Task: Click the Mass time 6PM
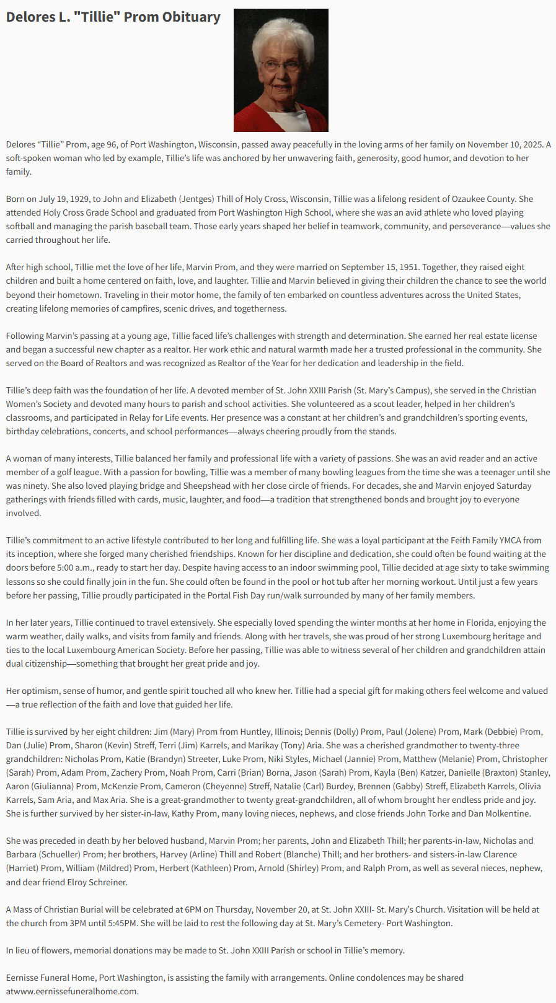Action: point(193,909)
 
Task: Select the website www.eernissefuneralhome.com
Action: point(79,991)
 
